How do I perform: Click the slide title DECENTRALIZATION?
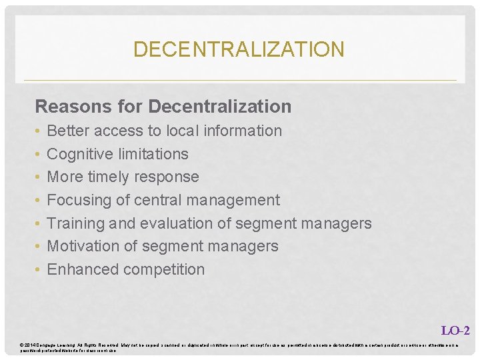click(x=239, y=49)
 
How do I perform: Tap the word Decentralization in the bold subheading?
click(x=220, y=107)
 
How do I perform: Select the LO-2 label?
click(x=455, y=330)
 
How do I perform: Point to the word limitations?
click(x=153, y=154)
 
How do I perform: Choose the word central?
click(x=157, y=200)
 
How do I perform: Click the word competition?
click(x=162, y=269)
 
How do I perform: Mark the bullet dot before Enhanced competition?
click(x=39, y=270)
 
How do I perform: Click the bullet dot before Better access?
click(x=39, y=131)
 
